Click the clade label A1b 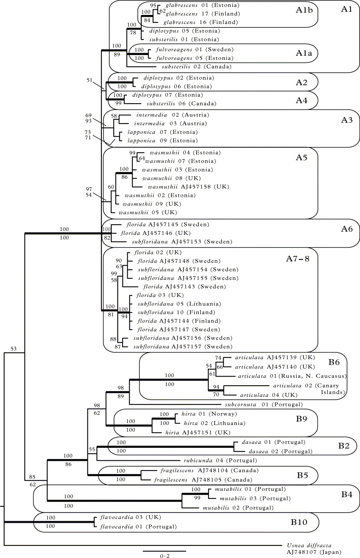coord(305,11)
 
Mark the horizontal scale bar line coord(164,550)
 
